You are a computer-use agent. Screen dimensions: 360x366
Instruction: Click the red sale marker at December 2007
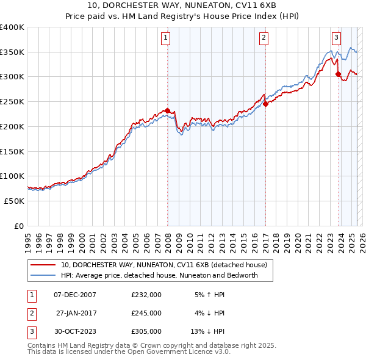click(x=167, y=110)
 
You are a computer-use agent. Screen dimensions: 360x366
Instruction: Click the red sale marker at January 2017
click(x=266, y=104)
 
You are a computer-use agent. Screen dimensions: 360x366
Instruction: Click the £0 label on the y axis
click(x=19, y=226)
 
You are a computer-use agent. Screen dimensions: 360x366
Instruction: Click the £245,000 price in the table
click(x=146, y=313)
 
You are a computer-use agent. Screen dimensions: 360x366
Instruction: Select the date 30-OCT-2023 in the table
click(x=75, y=331)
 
